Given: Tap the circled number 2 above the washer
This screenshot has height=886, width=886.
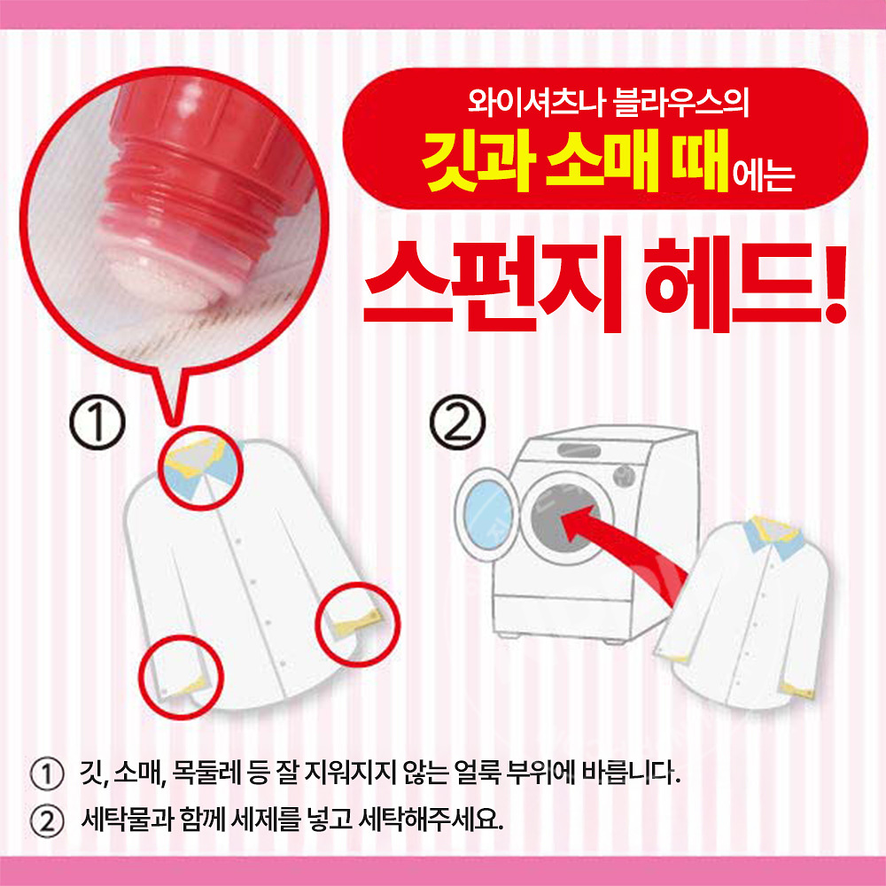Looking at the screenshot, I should tap(458, 428).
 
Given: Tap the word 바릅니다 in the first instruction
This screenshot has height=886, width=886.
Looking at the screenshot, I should tap(633, 773).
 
